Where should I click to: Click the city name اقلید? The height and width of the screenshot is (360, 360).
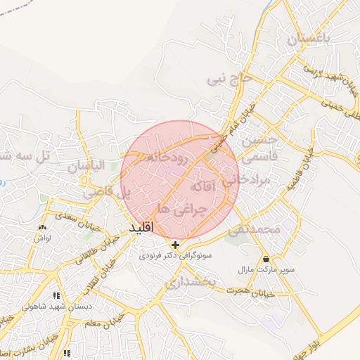(141, 229)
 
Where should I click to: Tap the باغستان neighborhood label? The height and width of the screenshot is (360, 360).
(307, 40)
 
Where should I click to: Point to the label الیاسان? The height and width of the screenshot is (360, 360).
(85, 167)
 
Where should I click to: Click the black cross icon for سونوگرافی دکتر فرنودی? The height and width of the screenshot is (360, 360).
(175, 245)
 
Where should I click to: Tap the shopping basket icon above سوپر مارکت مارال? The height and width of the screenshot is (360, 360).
(266, 259)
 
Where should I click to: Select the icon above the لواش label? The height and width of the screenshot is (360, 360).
(43, 227)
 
